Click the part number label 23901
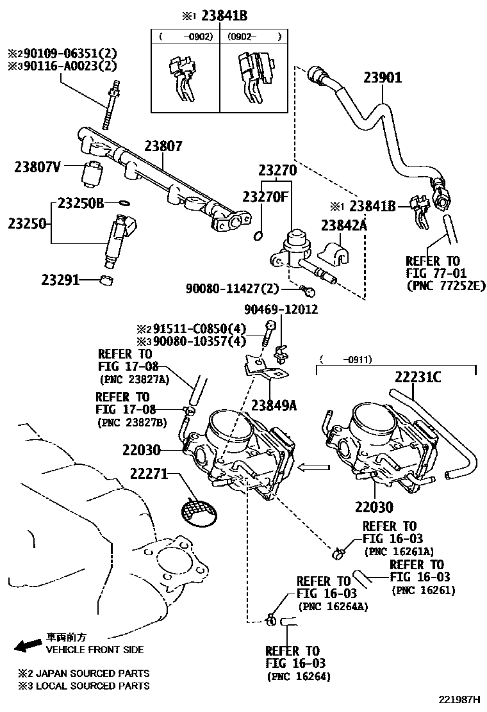(383, 77)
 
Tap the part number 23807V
(37, 167)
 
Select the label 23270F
(265, 197)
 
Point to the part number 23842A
(344, 225)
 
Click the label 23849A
(274, 405)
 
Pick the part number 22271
(149, 474)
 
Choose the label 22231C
(418, 377)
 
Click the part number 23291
(60, 280)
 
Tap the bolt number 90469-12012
(281, 309)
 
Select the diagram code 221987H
(459, 700)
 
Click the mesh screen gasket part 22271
(199, 512)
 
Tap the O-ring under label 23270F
(258, 235)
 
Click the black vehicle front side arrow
(27, 645)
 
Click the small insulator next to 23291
(106, 280)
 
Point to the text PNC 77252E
(447, 286)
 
